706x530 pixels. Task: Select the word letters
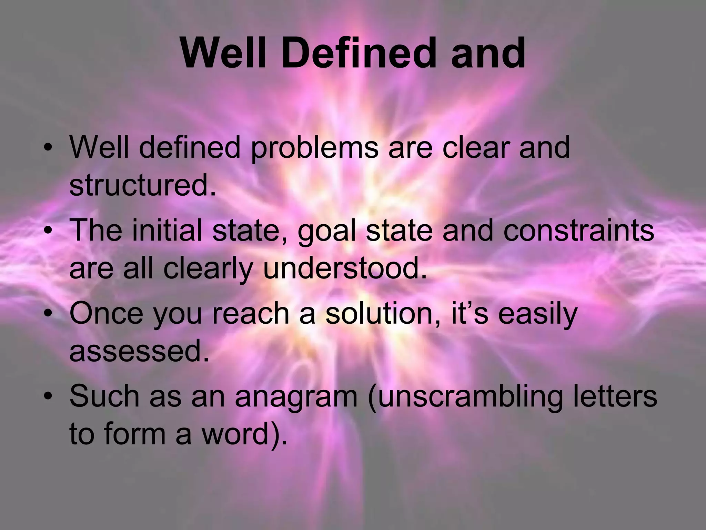pyautogui.click(x=617, y=396)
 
